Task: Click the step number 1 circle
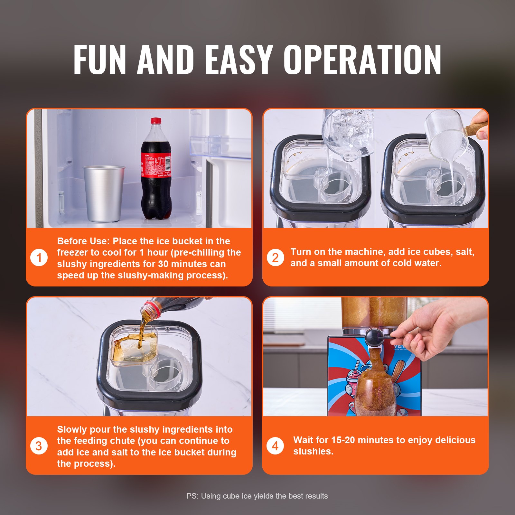pyautogui.click(x=39, y=257)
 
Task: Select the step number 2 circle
pyautogui.click(x=275, y=257)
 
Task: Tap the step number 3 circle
pyautogui.click(x=39, y=446)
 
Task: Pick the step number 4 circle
pyautogui.click(x=275, y=446)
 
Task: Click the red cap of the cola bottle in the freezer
pyautogui.click(x=156, y=121)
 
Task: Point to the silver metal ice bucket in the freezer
pyautogui.click(x=104, y=193)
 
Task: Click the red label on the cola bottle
pyautogui.click(x=156, y=165)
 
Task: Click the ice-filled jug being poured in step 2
pyautogui.click(x=349, y=132)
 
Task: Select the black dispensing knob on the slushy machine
pyautogui.click(x=374, y=337)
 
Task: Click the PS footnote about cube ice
pyautogui.click(x=257, y=496)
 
